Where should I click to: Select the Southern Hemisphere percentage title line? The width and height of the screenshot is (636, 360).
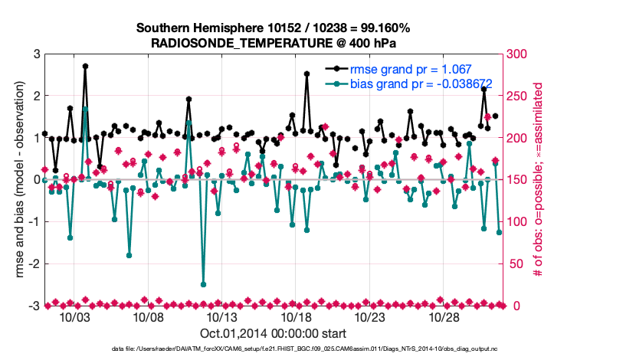pyautogui.click(x=273, y=28)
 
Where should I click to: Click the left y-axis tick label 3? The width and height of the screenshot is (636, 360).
pyautogui.click(x=36, y=54)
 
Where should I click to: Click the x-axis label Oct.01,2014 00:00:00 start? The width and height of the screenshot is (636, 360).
pyautogui.click(x=273, y=333)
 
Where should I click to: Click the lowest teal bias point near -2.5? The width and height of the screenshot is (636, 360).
pyautogui.click(x=204, y=284)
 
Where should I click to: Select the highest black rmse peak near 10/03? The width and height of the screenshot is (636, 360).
pyautogui.click(x=85, y=66)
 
